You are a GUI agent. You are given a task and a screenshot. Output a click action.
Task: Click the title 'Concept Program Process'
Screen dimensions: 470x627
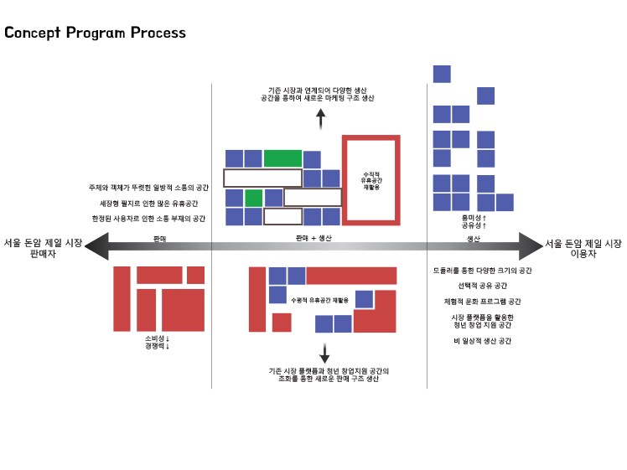[95, 34]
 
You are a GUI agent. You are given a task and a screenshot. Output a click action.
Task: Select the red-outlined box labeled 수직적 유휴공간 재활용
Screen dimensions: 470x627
[371, 179]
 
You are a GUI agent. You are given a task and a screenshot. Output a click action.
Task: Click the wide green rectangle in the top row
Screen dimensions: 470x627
[282, 158]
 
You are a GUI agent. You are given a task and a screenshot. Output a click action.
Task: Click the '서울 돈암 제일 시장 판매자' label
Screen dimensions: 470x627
[42, 248]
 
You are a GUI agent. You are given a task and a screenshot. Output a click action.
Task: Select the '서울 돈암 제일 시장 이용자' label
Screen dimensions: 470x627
[583, 248]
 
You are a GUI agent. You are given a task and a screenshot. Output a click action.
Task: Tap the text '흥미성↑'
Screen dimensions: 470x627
[474, 217]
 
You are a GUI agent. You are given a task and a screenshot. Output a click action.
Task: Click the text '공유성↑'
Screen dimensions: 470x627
[474, 225]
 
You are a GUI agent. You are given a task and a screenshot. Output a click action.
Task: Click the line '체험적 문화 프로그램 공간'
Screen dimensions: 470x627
[481, 301]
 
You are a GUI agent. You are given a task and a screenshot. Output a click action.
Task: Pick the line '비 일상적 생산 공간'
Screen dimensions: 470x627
[481, 341]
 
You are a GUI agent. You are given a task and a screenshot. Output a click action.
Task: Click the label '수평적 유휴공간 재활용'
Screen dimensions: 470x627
[319, 299]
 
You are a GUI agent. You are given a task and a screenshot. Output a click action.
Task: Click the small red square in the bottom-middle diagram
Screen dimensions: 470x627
[282, 323]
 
